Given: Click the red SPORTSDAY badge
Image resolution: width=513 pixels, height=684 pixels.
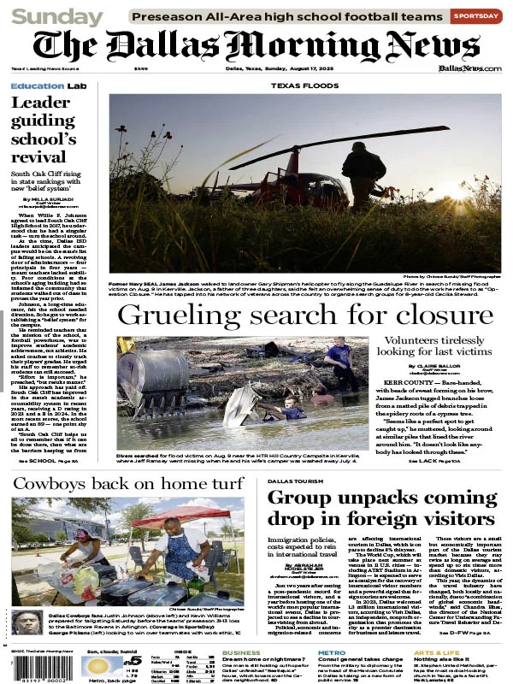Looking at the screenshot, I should click(x=476, y=15).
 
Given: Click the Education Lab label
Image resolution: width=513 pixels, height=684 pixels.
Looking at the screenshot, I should click(x=49, y=86).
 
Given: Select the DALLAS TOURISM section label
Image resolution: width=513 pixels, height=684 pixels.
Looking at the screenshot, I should click(x=296, y=481).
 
